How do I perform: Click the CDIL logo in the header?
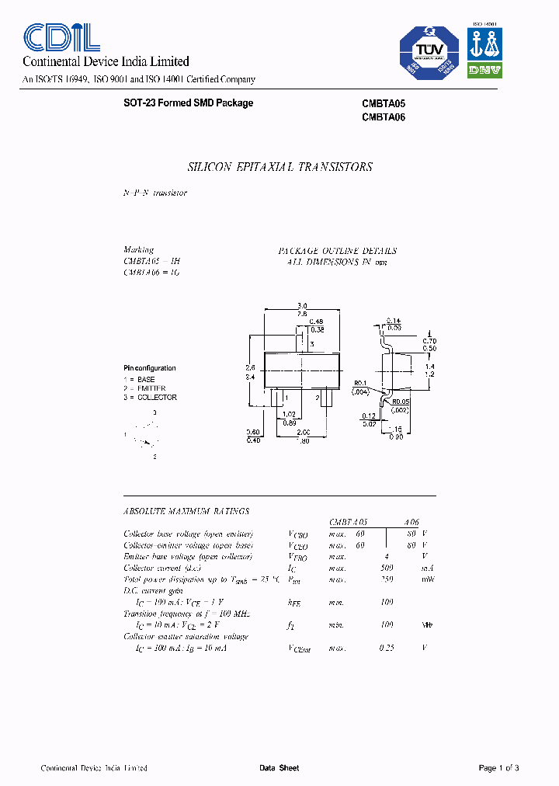coord(61,38)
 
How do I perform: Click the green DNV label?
coord(484,70)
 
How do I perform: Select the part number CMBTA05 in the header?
coord(384,103)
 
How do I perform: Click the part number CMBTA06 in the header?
coord(384,118)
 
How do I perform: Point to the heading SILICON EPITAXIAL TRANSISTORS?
coord(280,167)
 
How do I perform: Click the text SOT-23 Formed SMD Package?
coord(189,103)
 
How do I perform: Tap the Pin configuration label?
coord(150,368)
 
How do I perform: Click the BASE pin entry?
coord(142,380)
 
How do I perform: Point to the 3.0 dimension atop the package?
coord(302,305)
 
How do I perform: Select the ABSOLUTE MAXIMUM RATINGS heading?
coord(186,511)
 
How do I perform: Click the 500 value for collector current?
coord(387,568)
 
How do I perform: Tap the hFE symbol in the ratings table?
coord(294,602)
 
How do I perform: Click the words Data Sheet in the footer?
coord(279,768)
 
